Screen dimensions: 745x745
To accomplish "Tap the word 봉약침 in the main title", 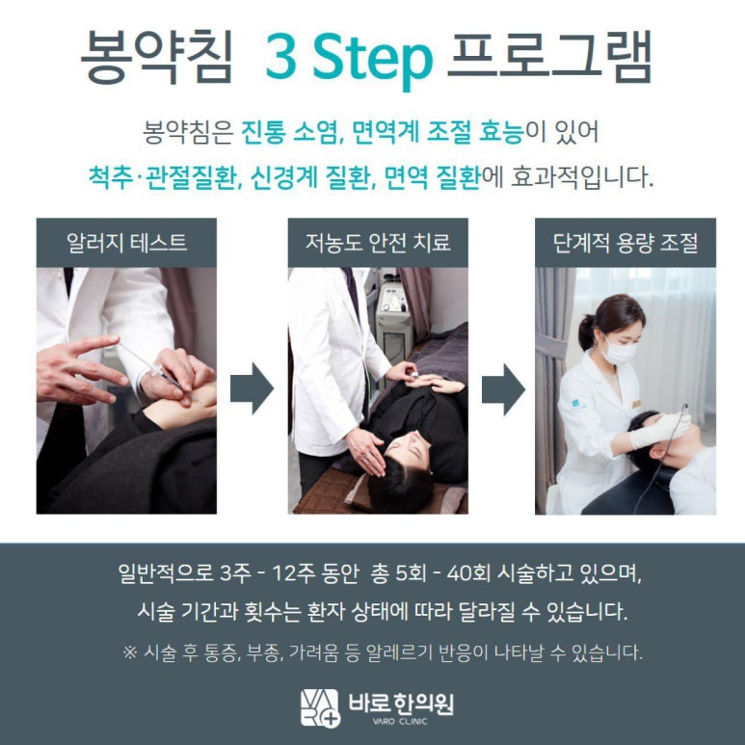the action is coord(157,57).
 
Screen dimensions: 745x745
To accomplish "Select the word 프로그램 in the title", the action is coord(549,56).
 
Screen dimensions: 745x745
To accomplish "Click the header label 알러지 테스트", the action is coord(126,243).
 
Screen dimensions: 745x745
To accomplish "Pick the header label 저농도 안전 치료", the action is coord(378,243).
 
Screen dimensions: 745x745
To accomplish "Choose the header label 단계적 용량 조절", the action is coord(625,243).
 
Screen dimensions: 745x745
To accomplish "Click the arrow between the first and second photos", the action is coord(252,388).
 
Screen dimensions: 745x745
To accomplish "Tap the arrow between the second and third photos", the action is coord(503,389).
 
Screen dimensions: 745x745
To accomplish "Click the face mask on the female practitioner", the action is coord(618,352).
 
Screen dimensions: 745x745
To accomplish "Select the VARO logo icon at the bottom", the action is coord(320,707).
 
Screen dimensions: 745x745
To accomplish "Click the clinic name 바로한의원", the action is coord(401,704).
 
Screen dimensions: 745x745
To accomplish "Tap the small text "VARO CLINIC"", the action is coord(400,721).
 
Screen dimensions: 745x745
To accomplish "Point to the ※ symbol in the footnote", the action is coord(130,652).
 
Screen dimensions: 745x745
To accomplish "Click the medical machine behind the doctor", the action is coord(393,318).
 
